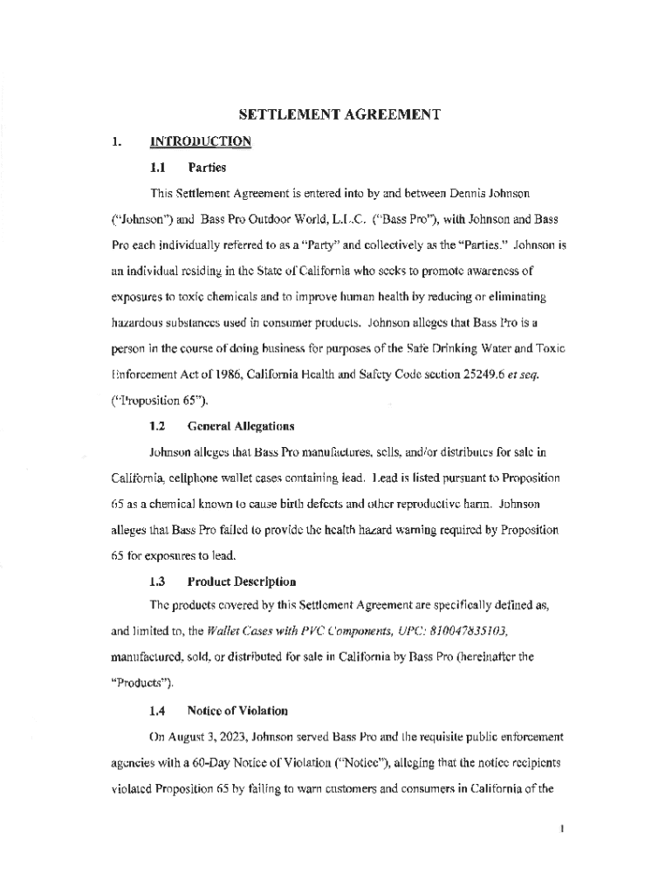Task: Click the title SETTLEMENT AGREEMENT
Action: (x=335, y=114)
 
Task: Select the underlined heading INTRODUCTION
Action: (x=201, y=141)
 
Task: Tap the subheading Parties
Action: (x=207, y=166)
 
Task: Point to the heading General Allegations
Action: (x=241, y=426)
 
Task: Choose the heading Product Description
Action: (x=242, y=581)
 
